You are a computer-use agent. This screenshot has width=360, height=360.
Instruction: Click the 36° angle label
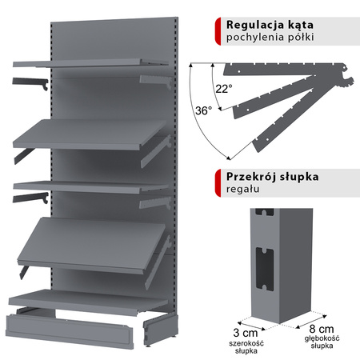pyautogui.click(x=203, y=111)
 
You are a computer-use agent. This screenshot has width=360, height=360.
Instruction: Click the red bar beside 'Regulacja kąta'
pyautogui.click(x=218, y=30)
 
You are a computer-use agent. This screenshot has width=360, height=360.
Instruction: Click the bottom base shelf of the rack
pyautogui.click(x=88, y=301)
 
